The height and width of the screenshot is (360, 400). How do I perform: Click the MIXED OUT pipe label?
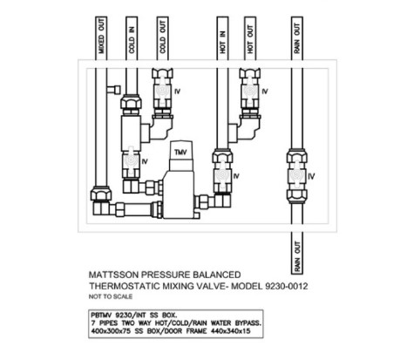coord(101,37)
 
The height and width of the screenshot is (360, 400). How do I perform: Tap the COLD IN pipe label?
coord(132,39)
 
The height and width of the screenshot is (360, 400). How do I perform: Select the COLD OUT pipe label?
coord(162,37)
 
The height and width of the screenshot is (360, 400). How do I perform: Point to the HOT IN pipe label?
coord(222,42)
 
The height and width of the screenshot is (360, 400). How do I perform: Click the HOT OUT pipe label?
coord(250,39)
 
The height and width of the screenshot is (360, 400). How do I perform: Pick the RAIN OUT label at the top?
coord(297,38)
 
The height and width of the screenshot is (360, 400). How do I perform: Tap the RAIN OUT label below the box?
coord(297,256)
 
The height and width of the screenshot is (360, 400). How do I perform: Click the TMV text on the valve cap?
coord(180,153)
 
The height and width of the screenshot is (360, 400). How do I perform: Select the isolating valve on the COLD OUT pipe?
coord(162,92)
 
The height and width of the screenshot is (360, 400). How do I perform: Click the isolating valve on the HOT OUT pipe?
coord(250,92)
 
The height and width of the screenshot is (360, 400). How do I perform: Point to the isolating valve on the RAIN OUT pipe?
coord(297,176)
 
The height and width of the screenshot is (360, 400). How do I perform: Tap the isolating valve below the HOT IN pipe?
coord(222,176)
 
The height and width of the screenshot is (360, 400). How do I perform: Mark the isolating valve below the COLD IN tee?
coord(131,161)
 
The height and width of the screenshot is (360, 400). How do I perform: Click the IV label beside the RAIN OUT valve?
coord(311,176)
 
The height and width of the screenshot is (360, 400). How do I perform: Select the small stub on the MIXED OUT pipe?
coord(113,90)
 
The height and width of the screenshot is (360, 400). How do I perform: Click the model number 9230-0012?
coord(287,286)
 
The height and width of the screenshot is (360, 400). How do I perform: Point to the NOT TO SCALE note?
coord(111,296)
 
